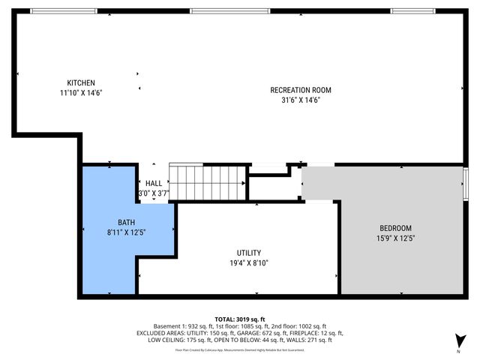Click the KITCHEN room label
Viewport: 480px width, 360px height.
[81, 82]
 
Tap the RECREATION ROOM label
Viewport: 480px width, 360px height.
[300, 90]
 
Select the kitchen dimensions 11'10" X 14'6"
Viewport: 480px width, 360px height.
[81, 93]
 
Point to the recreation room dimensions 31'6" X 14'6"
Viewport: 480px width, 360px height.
[300, 100]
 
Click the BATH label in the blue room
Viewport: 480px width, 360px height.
[126, 222]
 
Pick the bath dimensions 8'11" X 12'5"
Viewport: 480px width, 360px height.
[126, 232]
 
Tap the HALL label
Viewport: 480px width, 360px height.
[154, 183]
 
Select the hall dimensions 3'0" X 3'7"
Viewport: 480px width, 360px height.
[154, 193]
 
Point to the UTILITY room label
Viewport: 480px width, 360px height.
[249, 253]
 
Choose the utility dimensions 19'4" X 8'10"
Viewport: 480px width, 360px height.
[249, 263]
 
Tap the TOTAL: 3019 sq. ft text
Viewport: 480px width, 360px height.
[240, 319]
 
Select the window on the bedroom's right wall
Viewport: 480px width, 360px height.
[466, 181]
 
